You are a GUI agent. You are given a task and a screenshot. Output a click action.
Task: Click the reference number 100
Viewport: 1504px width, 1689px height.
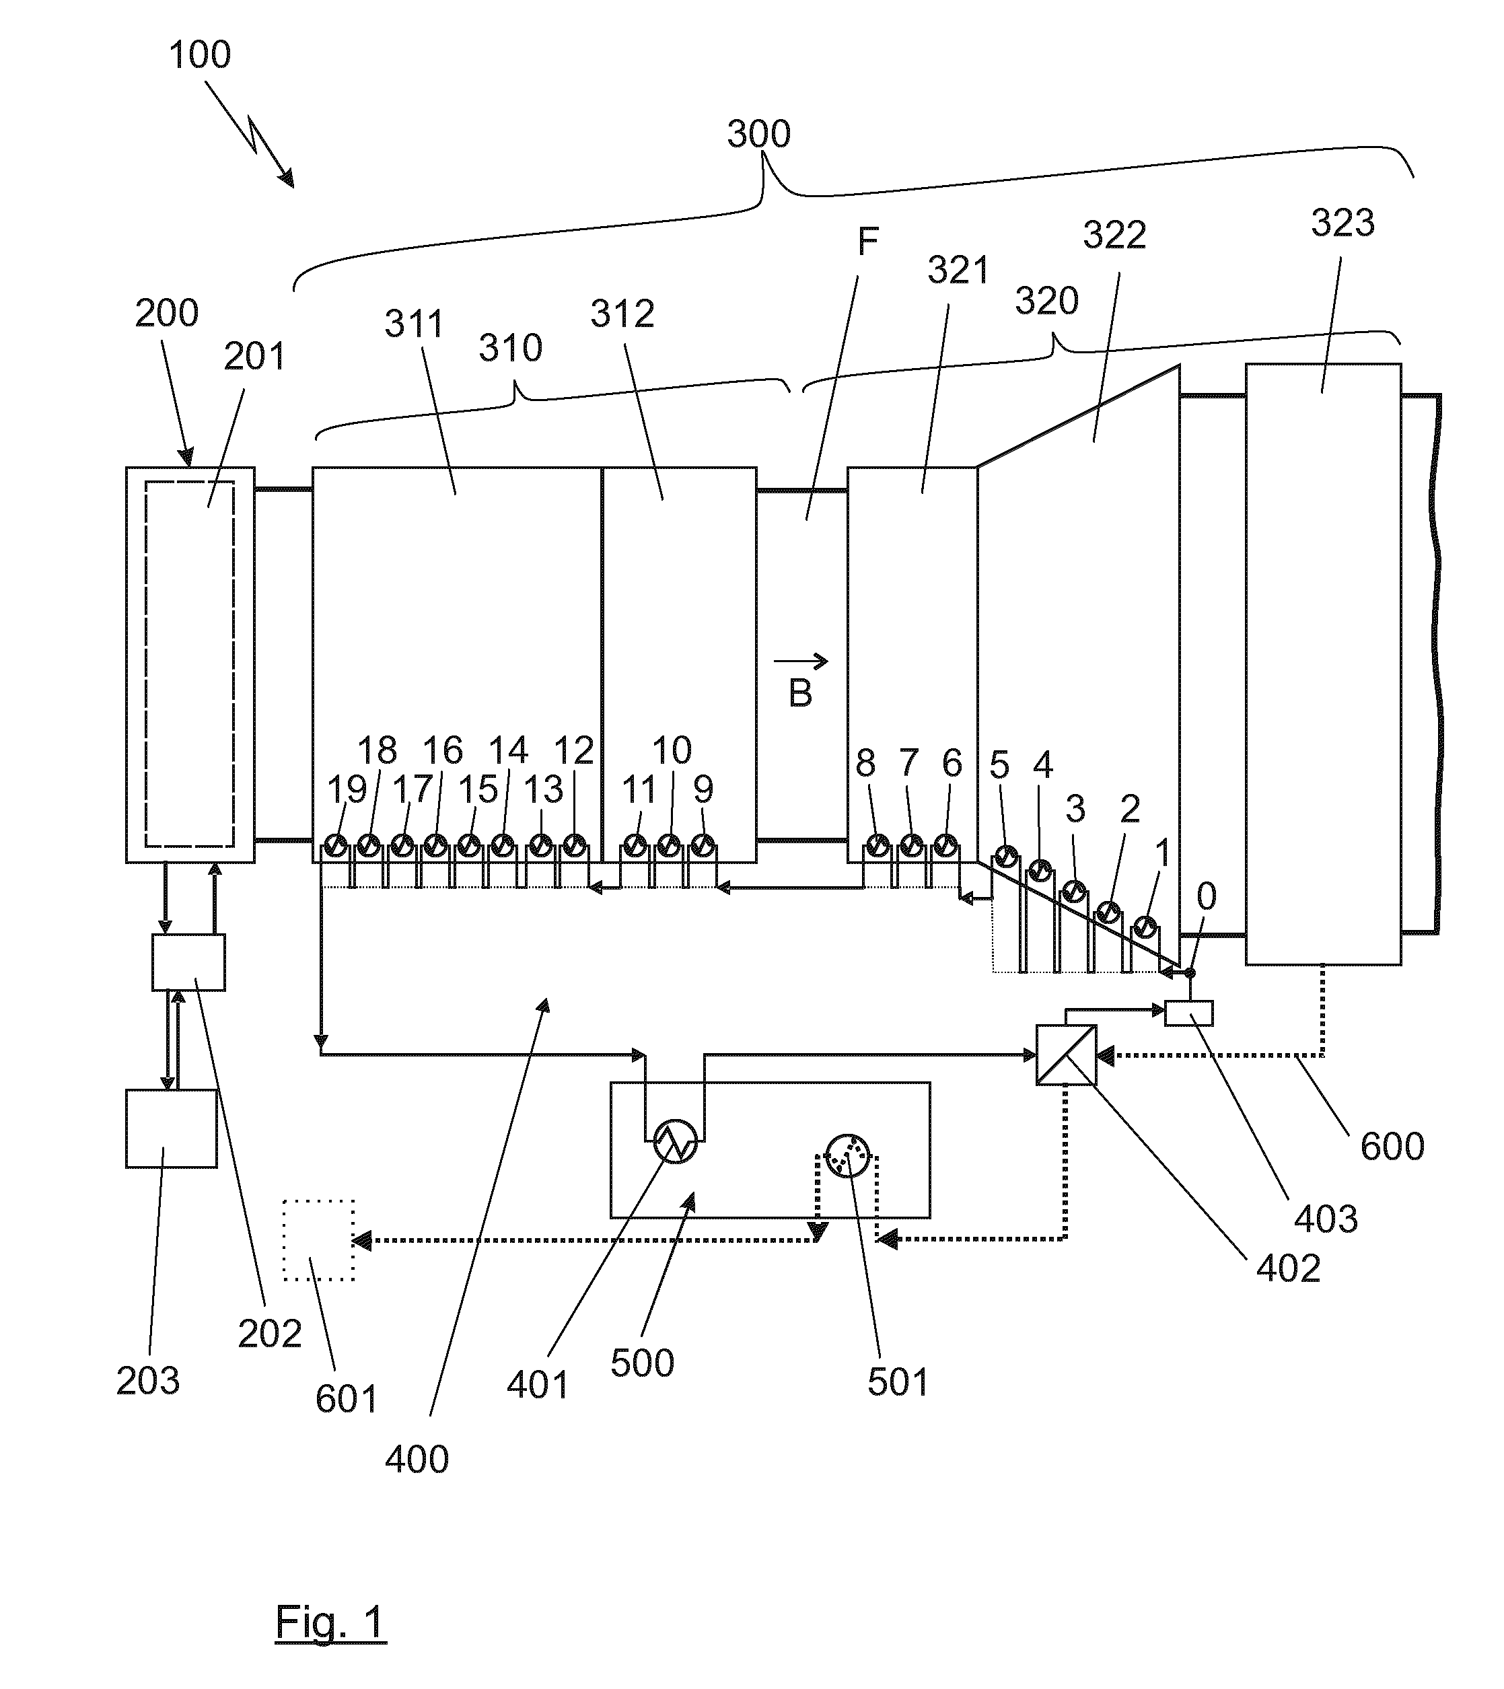pyautogui.click(x=199, y=55)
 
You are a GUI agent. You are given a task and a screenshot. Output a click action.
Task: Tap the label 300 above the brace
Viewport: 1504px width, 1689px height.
pyautogui.click(x=758, y=134)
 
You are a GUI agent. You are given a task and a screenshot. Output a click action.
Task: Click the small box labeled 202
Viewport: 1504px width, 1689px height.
pyautogui.click(x=188, y=962)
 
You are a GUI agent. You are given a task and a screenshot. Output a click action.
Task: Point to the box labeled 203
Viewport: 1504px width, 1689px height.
pyautogui.click(x=171, y=1128)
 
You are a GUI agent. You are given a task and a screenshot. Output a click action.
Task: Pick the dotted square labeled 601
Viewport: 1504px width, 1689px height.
pyautogui.click(x=319, y=1240)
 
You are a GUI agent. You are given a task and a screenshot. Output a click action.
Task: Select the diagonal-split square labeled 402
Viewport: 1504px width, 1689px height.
pyautogui.click(x=1066, y=1055)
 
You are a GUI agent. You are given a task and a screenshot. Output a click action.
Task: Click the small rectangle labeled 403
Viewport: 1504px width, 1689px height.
pyautogui.click(x=1189, y=1013)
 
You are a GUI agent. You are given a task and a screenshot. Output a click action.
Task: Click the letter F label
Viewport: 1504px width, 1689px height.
pyautogui.click(x=867, y=242)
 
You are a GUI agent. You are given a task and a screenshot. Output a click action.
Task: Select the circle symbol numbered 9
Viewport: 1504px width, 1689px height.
pyautogui.click(x=703, y=845)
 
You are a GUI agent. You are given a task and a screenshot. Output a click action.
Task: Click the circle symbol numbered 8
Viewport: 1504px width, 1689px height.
pyautogui.click(x=876, y=845)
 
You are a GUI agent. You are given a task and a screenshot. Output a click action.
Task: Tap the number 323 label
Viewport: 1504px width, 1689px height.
pyautogui.click(x=1343, y=223)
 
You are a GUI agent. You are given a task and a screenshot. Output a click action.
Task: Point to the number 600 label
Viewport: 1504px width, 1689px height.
pyautogui.click(x=1392, y=1147)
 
